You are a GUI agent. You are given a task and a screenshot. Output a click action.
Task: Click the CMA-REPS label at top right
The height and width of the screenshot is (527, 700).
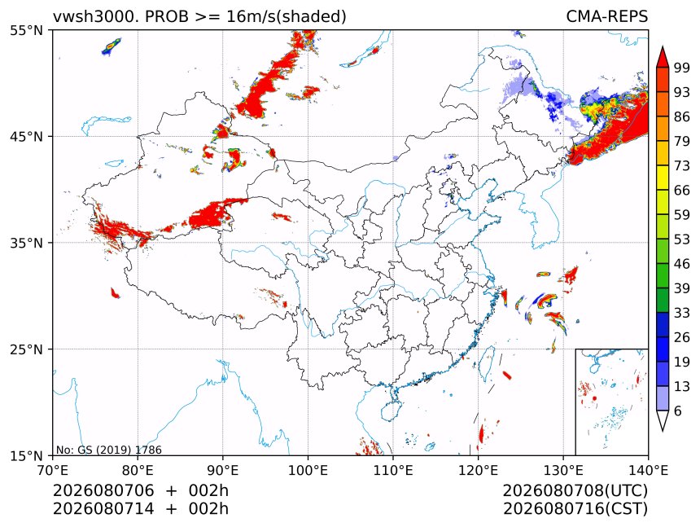click(606, 16)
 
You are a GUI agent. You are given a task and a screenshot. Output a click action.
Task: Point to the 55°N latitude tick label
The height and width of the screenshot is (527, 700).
click(26, 30)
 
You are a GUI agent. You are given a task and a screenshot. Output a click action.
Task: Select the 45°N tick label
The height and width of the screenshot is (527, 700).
click(26, 136)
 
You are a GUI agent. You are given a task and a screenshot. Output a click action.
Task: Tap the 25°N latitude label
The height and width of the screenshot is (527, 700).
click(26, 349)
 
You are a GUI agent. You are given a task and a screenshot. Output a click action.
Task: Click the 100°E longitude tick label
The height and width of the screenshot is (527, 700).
click(308, 470)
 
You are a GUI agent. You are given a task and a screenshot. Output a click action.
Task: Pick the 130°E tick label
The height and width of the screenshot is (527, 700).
click(563, 470)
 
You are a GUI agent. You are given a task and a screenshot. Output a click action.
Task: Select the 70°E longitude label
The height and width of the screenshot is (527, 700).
click(53, 470)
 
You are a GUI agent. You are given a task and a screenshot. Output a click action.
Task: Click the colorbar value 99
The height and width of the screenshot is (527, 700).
click(682, 68)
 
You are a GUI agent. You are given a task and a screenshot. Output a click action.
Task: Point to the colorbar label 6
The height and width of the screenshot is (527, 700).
click(678, 411)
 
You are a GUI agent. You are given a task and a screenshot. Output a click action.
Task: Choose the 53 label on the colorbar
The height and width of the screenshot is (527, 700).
click(682, 239)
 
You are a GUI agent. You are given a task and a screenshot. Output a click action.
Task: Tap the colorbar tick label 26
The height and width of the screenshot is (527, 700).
click(682, 337)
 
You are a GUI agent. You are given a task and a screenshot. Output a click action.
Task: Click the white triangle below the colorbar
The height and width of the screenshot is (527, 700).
click(663, 419)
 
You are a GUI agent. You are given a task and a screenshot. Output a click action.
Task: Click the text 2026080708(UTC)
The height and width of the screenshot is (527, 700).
click(575, 491)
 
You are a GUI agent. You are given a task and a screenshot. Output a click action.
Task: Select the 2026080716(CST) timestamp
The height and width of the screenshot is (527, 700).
click(575, 509)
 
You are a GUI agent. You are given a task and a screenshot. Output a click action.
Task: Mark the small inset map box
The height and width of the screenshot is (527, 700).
click(612, 402)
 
